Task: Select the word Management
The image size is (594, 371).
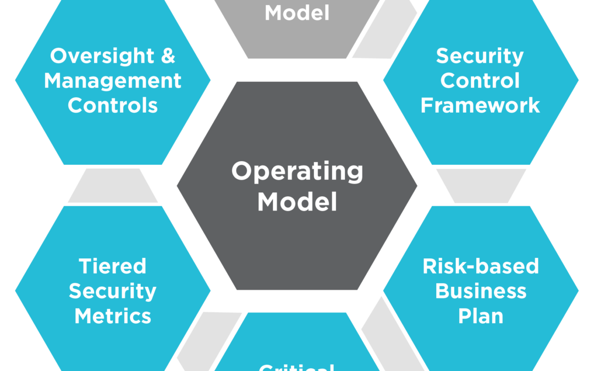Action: [113, 81]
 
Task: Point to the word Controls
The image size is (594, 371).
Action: [113, 105]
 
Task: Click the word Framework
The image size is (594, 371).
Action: [480, 105]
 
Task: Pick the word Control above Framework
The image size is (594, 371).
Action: [480, 81]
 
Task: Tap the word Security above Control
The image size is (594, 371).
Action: [480, 56]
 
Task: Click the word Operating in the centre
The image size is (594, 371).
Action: [297, 171]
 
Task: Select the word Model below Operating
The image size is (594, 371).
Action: [297, 202]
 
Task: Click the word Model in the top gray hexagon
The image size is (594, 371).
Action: [297, 12]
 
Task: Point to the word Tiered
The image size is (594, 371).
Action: [113, 267]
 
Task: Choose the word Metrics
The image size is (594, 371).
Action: [113, 316]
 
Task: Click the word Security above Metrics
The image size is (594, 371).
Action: [113, 291]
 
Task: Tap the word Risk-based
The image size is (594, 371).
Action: [480, 267]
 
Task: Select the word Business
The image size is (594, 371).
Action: [480, 291]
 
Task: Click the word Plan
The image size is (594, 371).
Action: [480, 316]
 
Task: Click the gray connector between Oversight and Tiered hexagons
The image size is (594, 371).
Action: [113, 186]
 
